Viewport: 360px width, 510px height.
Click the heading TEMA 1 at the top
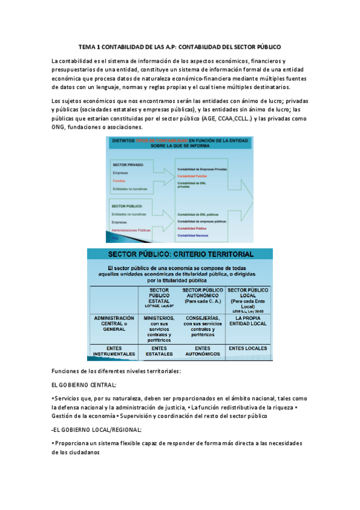(x=180, y=46)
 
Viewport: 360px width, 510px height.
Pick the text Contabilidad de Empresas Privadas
(x=202, y=170)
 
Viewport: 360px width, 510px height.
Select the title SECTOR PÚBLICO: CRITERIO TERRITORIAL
(x=180, y=254)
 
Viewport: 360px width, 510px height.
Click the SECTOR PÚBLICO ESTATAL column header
(x=159, y=297)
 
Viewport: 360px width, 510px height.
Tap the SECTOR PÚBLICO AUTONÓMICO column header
(x=203, y=294)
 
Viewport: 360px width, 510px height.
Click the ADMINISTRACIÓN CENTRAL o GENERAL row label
(x=114, y=324)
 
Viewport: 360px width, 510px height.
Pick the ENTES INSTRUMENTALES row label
(x=114, y=351)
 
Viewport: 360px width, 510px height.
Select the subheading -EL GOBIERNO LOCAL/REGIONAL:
(x=97, y=429)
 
